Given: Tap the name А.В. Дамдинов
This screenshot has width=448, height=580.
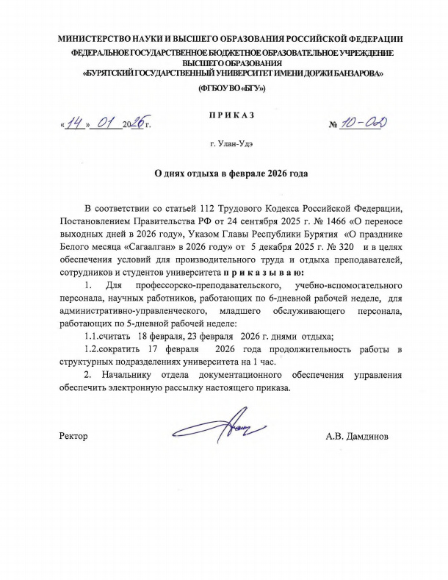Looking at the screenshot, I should coord(357,437).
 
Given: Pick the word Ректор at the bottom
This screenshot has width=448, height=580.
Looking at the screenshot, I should coord(73,437).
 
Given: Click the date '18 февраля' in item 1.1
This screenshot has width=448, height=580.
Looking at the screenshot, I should coord(151,335).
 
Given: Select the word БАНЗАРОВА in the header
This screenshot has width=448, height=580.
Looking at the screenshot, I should coord(351,74).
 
